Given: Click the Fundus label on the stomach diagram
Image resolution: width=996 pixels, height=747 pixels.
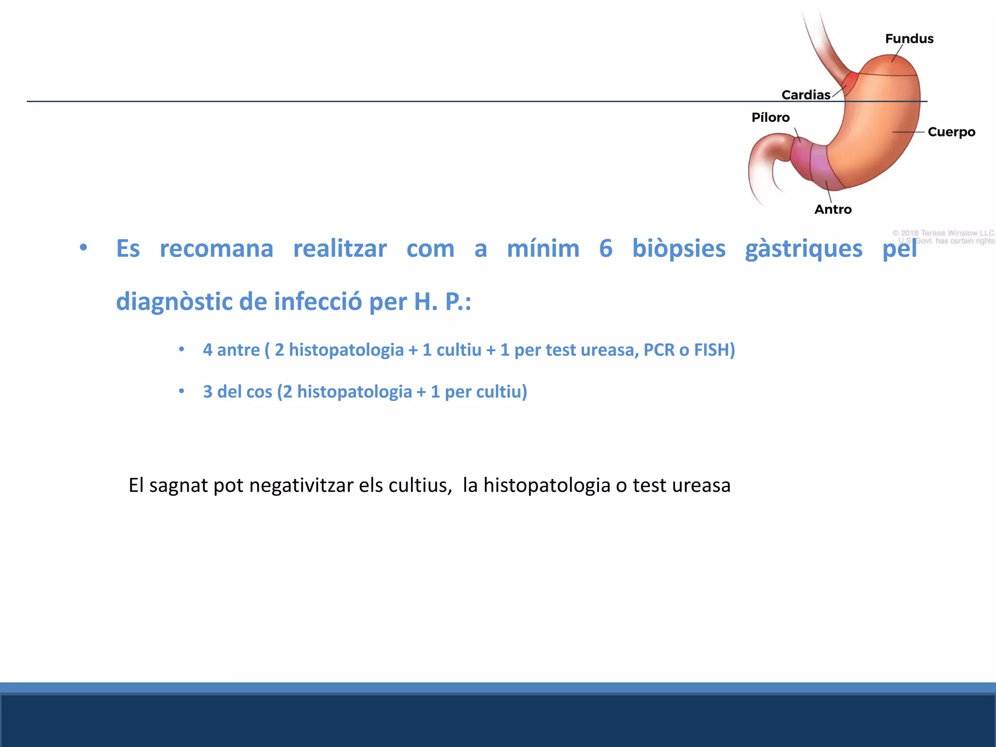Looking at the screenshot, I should [x=909, y=39].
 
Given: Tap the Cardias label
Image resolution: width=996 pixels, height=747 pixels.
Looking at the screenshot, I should [x=805, y=95].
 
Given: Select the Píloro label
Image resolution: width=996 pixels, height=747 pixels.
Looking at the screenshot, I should [x=770, y=118].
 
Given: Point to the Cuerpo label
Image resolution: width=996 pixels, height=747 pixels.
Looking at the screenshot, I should [x=951, y=132].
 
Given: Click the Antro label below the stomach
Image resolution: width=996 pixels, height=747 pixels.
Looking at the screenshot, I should [x=833, y=210].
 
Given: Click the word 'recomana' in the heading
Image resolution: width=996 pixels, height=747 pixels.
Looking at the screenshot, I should [x=216, y=249].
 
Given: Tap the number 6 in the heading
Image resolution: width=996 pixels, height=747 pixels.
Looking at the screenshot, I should [x=605, y=249].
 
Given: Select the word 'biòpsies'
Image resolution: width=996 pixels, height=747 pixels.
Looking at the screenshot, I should [x=678, y=249].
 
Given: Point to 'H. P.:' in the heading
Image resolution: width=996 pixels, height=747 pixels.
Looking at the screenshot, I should [x=442, y=302].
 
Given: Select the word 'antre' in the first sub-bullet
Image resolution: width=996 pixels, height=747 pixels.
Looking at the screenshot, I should [x=238, y=350].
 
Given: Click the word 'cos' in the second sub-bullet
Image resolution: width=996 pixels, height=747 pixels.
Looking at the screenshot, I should [x=258, y=392].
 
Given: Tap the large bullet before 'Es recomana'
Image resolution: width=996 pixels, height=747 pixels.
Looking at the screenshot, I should [x=84, y=248].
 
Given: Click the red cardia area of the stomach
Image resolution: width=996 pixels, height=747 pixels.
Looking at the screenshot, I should [x=851, y=79].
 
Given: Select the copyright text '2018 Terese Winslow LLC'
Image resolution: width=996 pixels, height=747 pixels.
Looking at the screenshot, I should [x=946, y=233].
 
